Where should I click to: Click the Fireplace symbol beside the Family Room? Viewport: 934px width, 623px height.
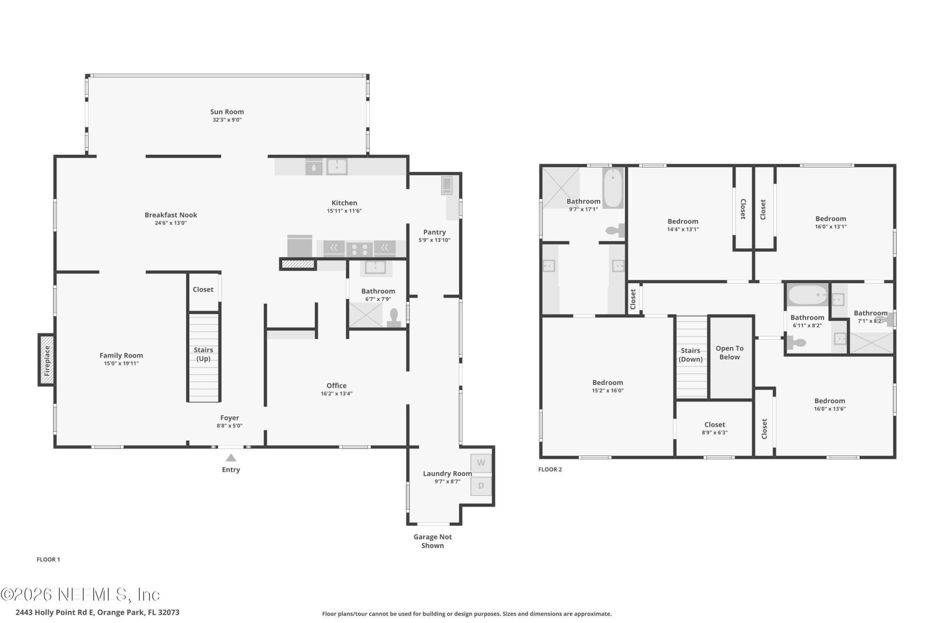pyautogui.click(x=47, y=360)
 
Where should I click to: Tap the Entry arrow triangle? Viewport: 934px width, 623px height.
pyautogui.click(x=231, y=458)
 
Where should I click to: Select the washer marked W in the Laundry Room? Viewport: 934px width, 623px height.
pyautogui.click(x=481, y=463)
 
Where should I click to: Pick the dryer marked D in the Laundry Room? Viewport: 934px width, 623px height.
pyautogui.click(x=481, y=486)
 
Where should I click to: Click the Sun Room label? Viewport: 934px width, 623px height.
pyautogui.click(x=227, y=112)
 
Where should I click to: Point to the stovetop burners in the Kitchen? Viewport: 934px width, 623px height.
pyautogui.click(x=359, y=250)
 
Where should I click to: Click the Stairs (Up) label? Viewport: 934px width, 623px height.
pyautogui.click(x=203, y=354)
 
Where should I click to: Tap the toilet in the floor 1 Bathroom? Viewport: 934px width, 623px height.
pyautogui.click(x=394, y=317)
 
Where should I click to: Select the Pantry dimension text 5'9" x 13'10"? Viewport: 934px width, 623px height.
pyautogui.click(x=434, y=240)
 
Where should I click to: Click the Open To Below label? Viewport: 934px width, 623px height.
pyautogui.click(x=729, y=353)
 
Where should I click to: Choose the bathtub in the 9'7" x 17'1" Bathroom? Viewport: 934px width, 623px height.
pyautogui.click(x=612, y=188)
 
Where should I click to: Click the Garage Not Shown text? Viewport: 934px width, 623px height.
pyautogui.click(x=432, y=541)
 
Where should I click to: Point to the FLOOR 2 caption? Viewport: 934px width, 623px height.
pyautogui.click(x=550, y=470)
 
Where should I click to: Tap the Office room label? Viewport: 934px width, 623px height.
pyautogui.click(x=337, y=386)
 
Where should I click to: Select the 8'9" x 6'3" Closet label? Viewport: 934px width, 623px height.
pyautogui.click(x=714, y=425)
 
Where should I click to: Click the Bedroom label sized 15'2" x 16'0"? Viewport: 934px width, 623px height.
pyautogui.click(x=608, y=383)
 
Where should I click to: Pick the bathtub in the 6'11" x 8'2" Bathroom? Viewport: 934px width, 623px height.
pyautogui.click(x=807, y=295)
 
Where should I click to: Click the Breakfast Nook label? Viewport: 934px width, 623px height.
pyautogui.click(x=171, y=215)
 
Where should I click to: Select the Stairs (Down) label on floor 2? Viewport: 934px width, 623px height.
pyautogui.click(x=690, y=355)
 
